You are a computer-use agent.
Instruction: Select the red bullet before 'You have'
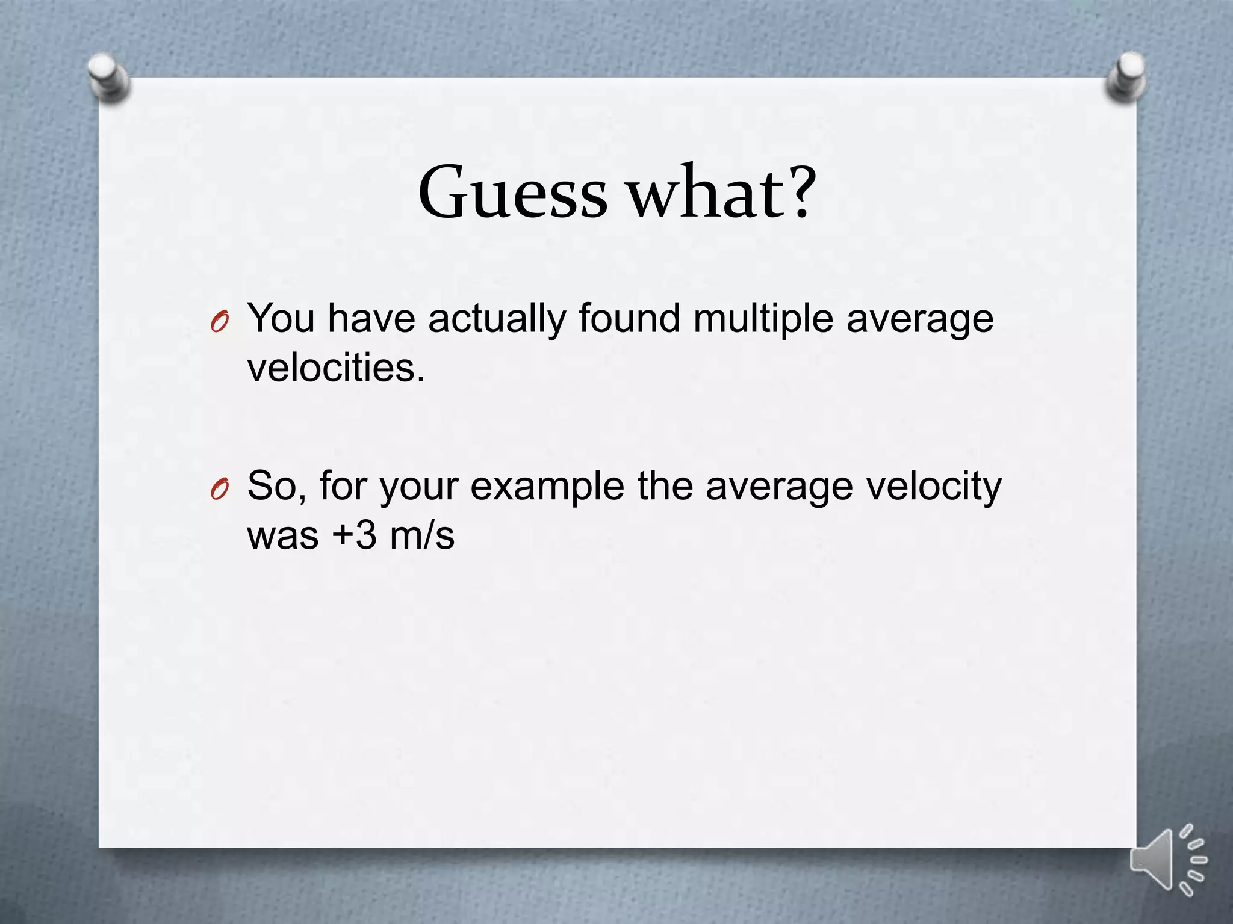[x=219, y=324]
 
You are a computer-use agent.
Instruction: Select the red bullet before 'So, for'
[x=219, y=491]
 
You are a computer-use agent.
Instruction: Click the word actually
[x=497, y=319]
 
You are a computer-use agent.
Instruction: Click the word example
[x=547, y=486]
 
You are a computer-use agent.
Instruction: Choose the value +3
[x=355, y=535]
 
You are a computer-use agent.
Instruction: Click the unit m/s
[x=421, y=535]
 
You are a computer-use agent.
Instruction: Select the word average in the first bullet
[x=919, y=319]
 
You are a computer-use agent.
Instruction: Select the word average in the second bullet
[x=778, y=486]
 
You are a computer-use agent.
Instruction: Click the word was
[x=282, y=535]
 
